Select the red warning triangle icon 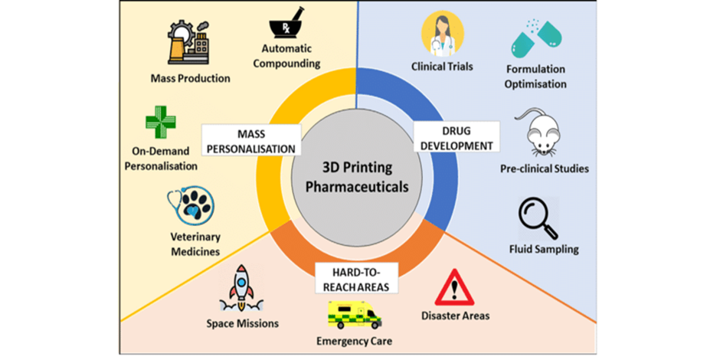[454, 290]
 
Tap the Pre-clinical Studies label [544, 168]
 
